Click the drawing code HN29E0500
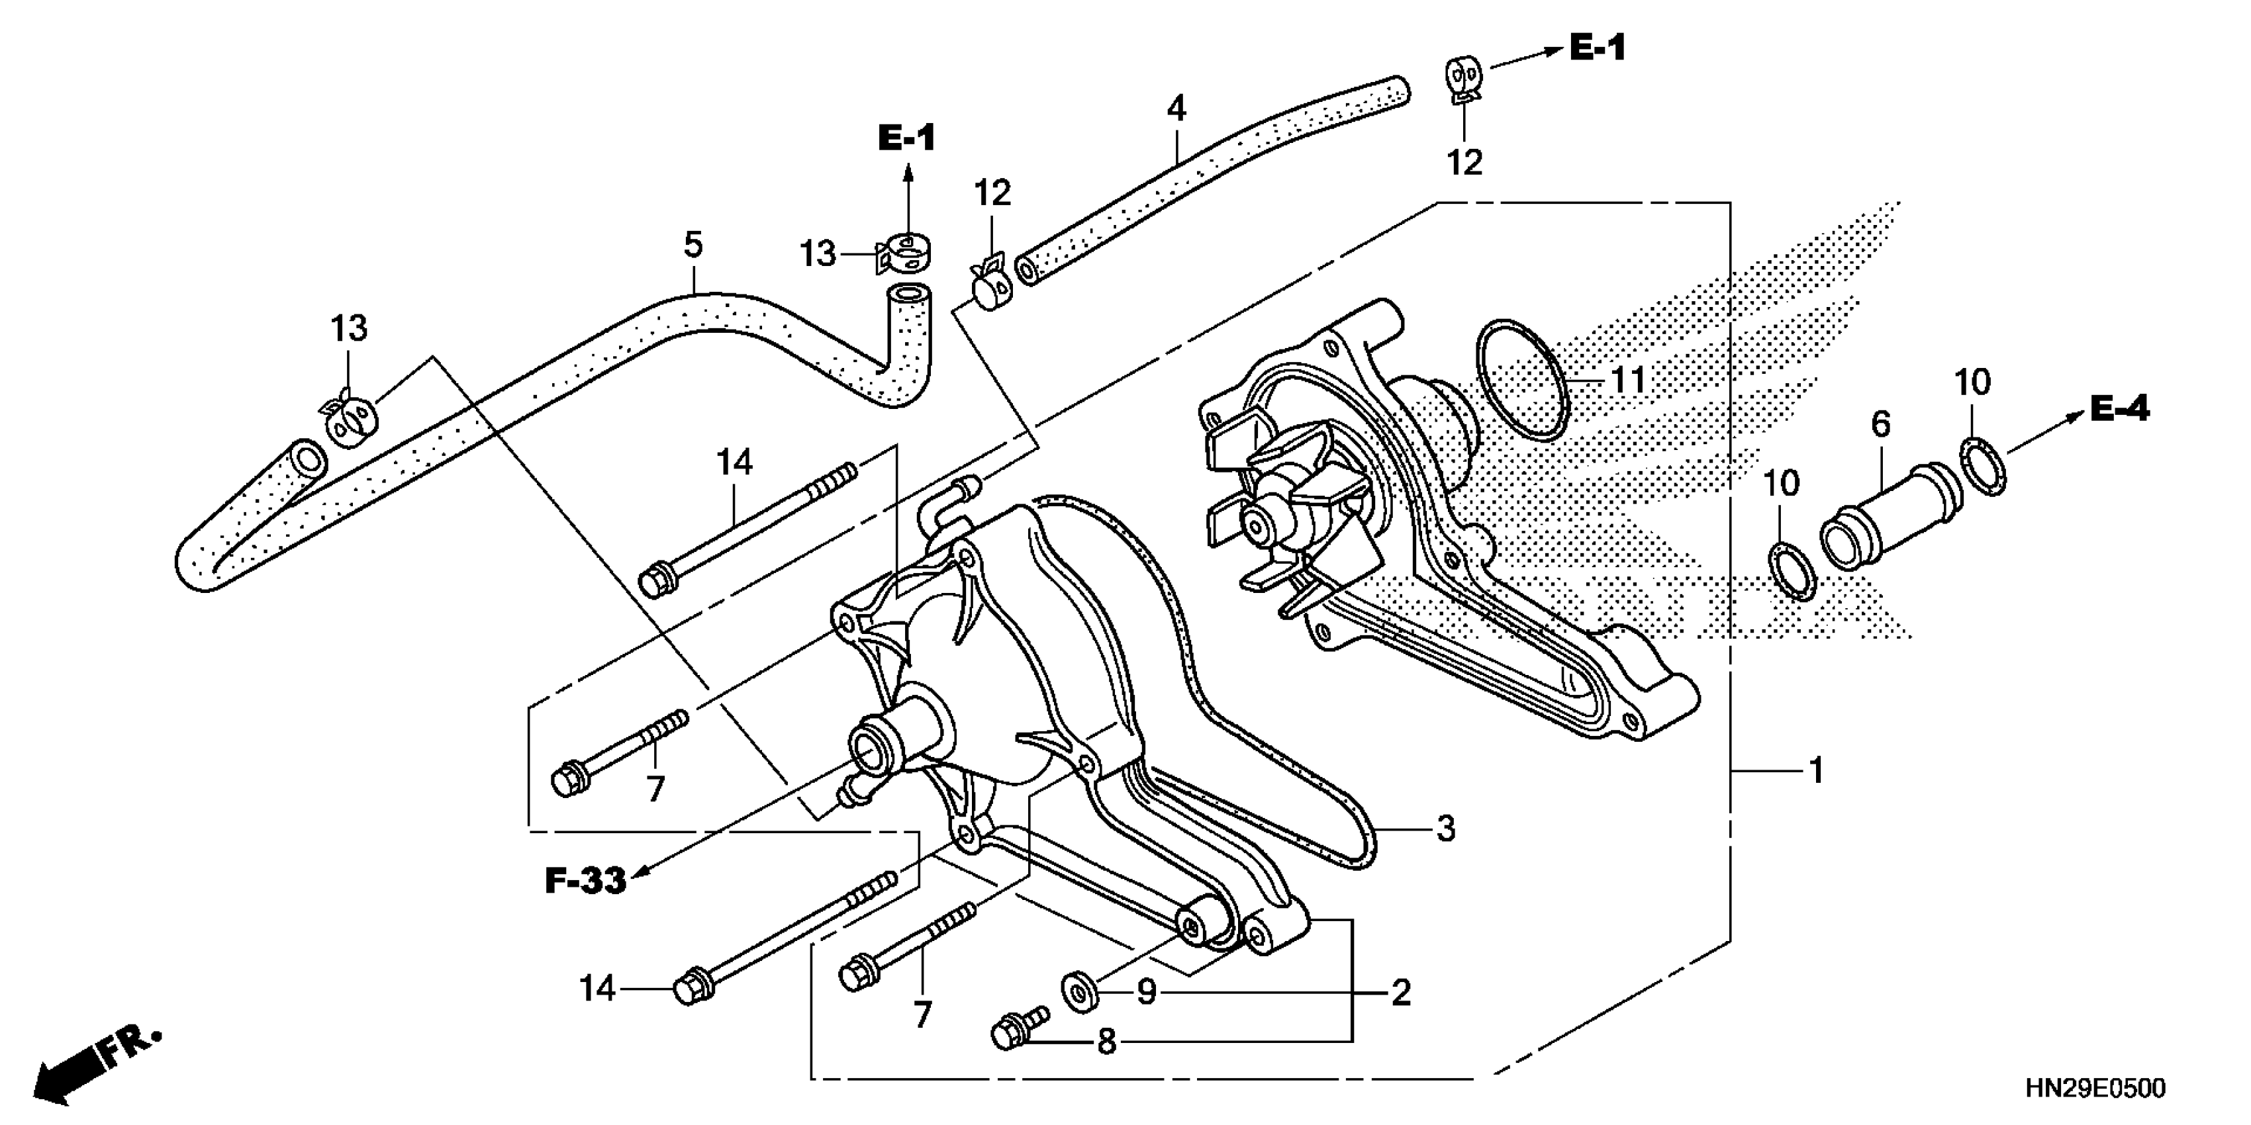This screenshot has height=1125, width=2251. (2096, 1089)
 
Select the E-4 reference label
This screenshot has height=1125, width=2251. (2119, 409)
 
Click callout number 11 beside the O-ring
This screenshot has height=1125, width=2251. (1628, 381)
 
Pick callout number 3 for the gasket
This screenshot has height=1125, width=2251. (1445, 828)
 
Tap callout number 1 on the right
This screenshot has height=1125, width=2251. (1816, 770)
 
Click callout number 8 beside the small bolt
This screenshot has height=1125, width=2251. (1106, 1041)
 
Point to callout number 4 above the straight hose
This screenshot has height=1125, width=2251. (1176, 109)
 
